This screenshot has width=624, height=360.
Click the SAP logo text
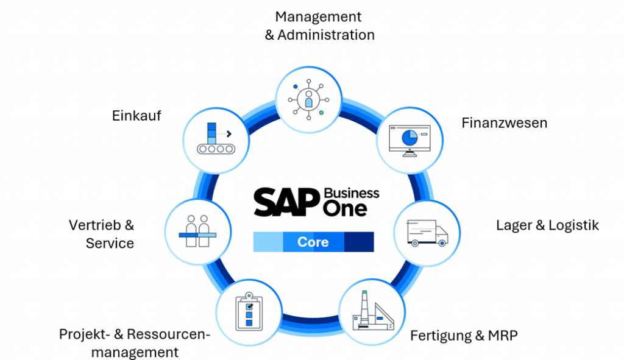click(286, 202)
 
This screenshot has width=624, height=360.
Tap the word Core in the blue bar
click(313, 242)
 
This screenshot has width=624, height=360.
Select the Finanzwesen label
click(504, 123)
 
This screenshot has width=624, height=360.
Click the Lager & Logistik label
click(547, 225)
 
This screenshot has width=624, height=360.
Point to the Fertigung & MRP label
click(464, 335)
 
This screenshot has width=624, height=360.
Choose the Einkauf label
click(136, 116)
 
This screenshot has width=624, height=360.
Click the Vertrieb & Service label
click(102, 234)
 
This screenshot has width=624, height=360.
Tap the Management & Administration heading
click(319, 26)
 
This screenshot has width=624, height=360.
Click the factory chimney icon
click(372, 312)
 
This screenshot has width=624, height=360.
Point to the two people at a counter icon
click(197, 231)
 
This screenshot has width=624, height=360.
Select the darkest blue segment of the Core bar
click(359, 242)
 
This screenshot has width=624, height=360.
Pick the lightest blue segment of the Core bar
click(268, 242)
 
